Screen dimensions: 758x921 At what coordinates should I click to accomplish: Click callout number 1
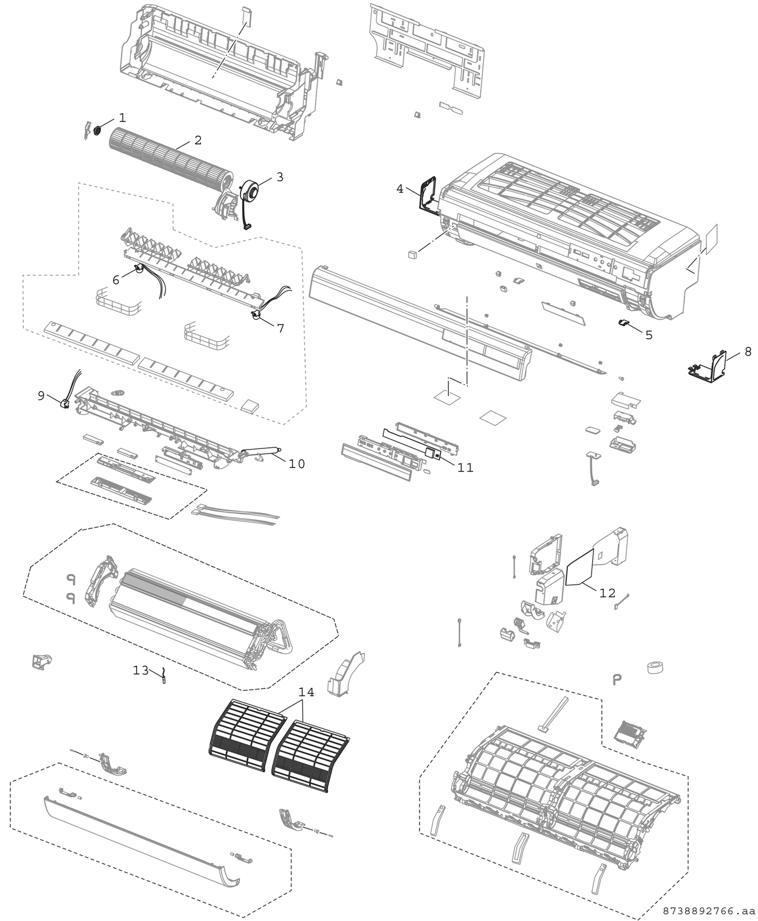[122, 117]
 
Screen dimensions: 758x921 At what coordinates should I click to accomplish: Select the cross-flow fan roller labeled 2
[171, 159]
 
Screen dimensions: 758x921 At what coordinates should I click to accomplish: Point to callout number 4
[400, 189]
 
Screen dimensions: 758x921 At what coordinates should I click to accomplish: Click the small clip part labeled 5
[624, 322]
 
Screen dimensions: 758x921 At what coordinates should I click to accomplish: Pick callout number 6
[116, 280]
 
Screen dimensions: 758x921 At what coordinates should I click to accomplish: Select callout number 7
[280, 328]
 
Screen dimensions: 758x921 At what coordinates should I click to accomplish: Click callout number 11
[465, 468]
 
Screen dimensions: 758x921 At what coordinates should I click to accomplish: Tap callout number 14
[306, 692]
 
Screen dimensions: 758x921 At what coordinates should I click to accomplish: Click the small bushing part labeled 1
[97, 130]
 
